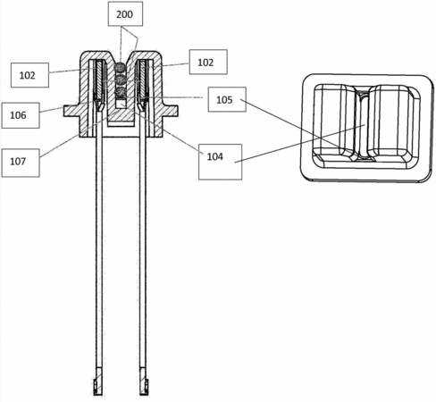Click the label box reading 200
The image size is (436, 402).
tap(125, 13)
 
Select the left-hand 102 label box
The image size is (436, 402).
tap(29, 75)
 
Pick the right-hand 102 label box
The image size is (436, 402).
tap(208, 62)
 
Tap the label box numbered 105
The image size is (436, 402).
tap(227, 99)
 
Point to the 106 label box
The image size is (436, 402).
tap(21, 115)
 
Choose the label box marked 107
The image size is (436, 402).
tap(21, 163)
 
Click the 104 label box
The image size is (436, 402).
tap(220, 162)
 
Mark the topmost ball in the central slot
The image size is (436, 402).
tap(121, 68)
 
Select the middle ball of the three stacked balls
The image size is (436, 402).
tap(121, 80)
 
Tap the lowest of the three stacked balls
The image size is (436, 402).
tap(121, 91)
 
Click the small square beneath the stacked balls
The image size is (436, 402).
tap(121, 104)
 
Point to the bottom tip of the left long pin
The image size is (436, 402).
tap(98, 395)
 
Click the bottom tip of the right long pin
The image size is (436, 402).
tap(144, 395)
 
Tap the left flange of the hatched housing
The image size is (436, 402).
tap(71, 111)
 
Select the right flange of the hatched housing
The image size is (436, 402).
tap(170, 111)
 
